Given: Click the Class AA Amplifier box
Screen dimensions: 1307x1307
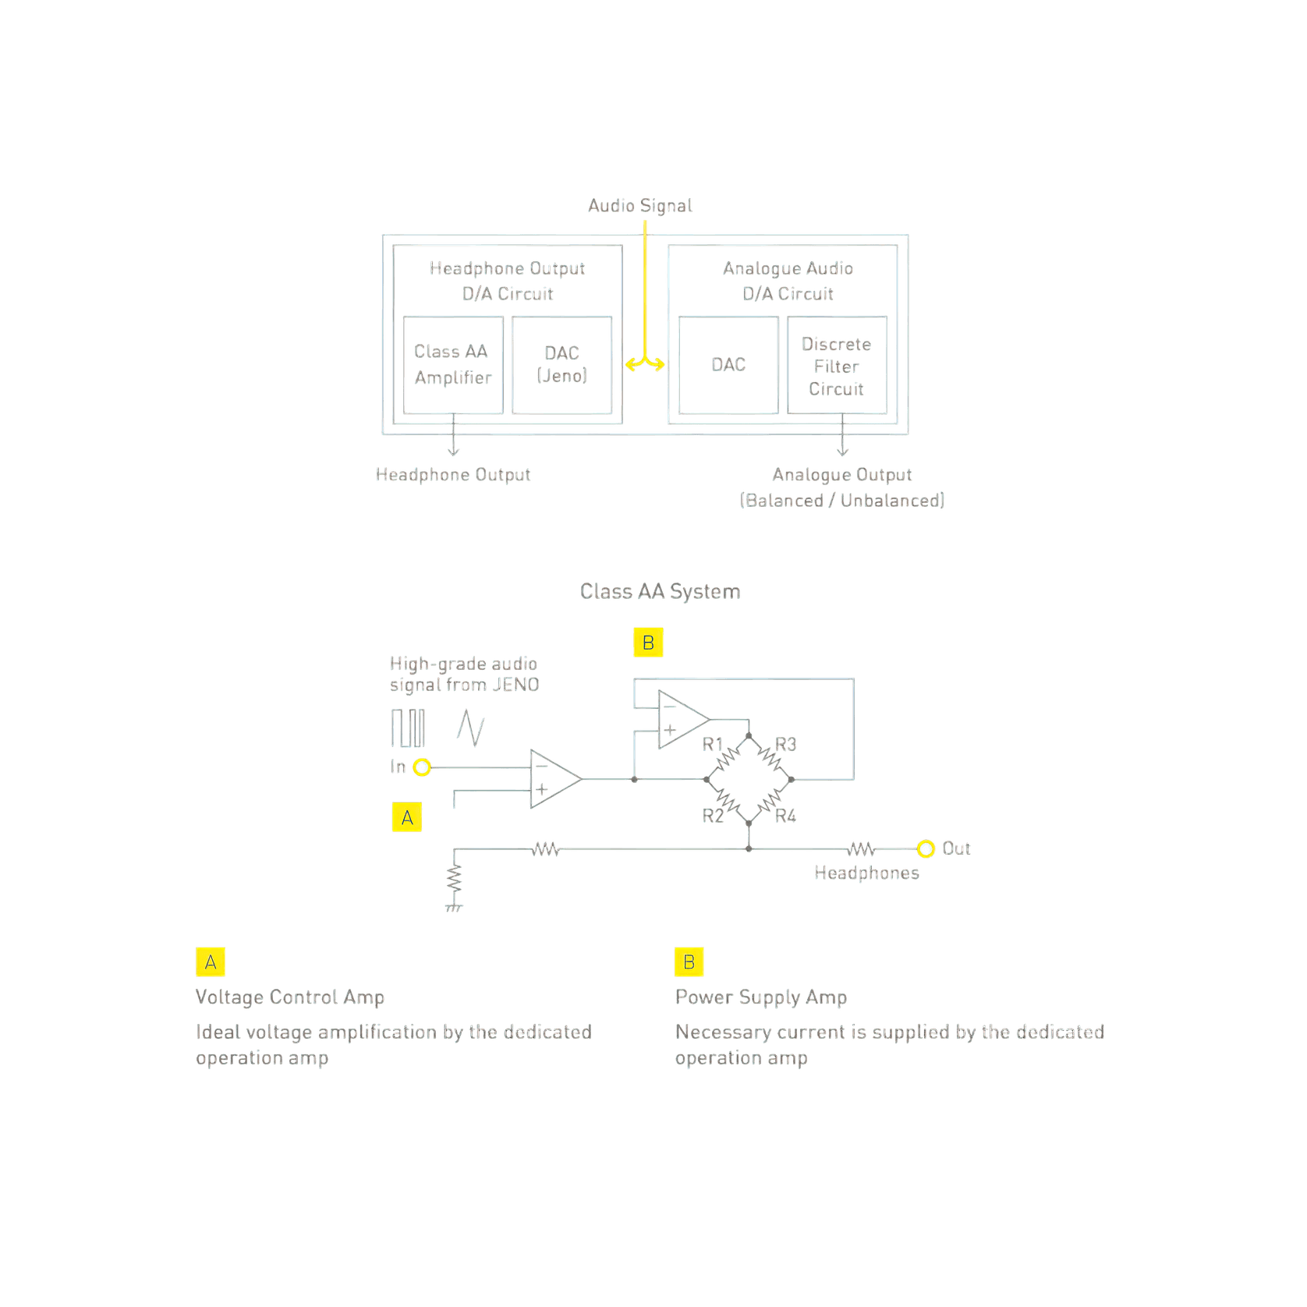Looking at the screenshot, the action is tap(453, 365).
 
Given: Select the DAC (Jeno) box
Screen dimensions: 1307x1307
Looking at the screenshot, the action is tap(561, 365).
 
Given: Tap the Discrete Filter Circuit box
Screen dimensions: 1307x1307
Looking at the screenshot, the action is tap(837, 365).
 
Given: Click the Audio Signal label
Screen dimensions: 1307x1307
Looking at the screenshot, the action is tap(640, 206).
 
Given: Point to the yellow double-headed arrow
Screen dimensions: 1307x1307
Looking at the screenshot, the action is tap(645, 363).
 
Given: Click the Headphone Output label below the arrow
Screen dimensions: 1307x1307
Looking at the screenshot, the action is tap(453, 475).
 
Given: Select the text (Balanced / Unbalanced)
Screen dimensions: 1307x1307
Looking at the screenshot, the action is tap(842, 501).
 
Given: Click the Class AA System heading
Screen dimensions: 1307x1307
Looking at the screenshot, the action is tap(660, 592).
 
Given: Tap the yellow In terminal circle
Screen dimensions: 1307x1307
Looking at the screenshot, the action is tap(422, 767).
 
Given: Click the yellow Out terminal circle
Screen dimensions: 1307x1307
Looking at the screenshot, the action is tap(926, 848).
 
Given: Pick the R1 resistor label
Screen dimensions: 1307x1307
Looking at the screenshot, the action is tap(713, 744).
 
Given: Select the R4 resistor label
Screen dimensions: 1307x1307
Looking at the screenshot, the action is tap(785, 816).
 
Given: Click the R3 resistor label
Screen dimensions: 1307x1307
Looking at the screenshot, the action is tap(785, 744).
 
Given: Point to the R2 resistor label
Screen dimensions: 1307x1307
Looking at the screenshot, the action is tap(713, 816).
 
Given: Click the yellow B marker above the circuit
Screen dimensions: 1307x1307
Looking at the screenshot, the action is tap(648, 643).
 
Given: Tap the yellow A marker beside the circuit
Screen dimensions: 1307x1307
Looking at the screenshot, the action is tap(407, 817).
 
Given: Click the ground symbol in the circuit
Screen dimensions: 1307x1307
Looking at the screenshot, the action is tap(454, 908).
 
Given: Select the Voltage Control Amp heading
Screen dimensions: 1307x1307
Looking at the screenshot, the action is tap(290, 997).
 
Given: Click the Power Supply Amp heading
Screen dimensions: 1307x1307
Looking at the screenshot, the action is tap(761, 997).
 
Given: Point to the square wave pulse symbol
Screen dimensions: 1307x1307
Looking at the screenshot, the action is tap(408, 728).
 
